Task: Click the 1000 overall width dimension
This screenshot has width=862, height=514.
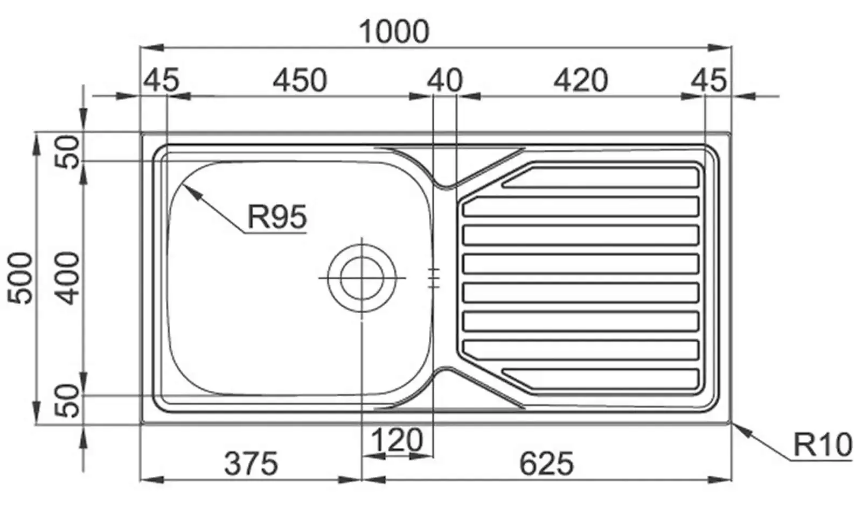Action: point(394,32)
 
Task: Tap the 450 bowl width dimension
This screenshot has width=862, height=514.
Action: point(300,80)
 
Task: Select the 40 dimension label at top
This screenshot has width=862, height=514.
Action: point(445,80)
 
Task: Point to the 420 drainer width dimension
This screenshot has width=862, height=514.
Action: point(581,80)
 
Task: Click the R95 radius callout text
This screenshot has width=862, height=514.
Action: point(277,217)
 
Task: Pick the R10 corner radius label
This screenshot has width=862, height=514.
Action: point(823,445)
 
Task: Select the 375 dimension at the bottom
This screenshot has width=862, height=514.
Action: point(251,463)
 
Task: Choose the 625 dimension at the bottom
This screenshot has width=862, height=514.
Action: point(546,463)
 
